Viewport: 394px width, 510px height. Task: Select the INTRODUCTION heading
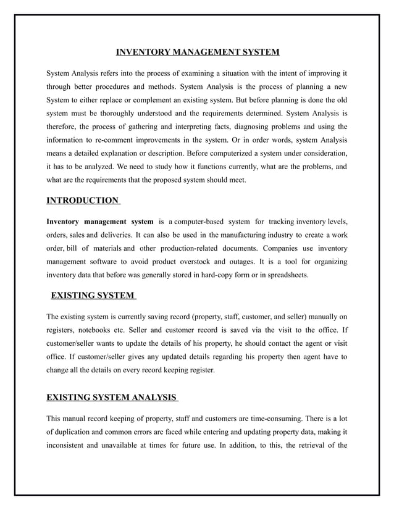[82, 200]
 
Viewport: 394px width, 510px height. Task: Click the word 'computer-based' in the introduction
[195, 222]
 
